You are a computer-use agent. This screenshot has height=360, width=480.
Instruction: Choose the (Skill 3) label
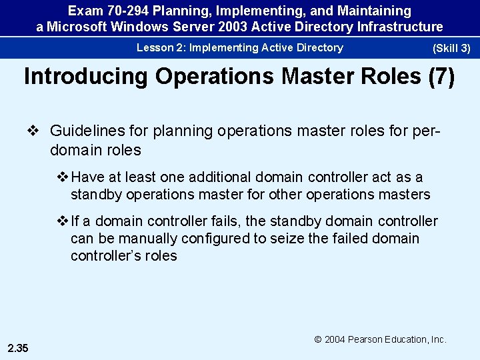pos(451,49)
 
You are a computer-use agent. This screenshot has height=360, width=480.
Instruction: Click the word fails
pos(210,221)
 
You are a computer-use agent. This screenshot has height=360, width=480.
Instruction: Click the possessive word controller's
pos(108,256)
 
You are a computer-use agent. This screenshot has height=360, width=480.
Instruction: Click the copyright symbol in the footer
pos(319,339)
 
